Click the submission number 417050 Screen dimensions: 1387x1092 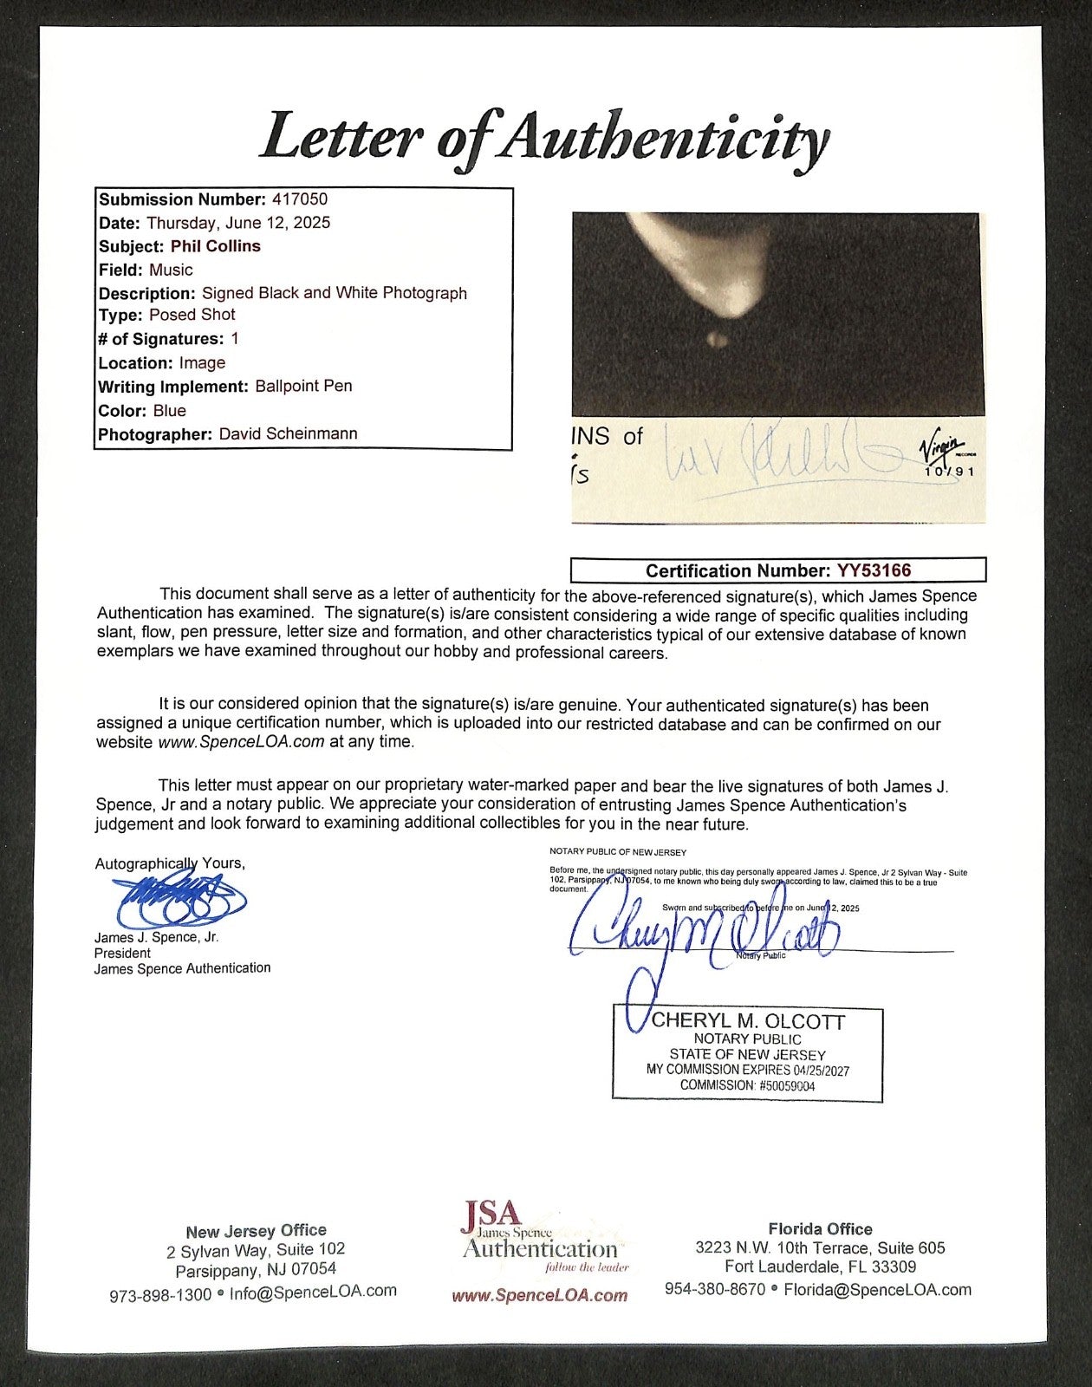[x=299, y=199]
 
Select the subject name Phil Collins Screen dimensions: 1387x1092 [x=216, y=246]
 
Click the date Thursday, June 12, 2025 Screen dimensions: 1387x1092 [x=238, y=223]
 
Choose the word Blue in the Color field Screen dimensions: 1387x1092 [x=169, y=410]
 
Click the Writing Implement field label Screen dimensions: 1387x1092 [x=173, y=387]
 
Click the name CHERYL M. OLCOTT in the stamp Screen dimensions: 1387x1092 [x=747, y=1021]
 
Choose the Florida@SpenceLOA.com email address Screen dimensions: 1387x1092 [x=877, y=1289]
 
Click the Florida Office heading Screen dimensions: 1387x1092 [x=820, y=1228]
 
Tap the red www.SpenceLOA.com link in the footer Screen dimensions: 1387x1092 [x=539, y=1296]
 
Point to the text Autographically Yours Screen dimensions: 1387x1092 [x=170, y=863]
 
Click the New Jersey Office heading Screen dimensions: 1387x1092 [x=256, y=1230]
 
